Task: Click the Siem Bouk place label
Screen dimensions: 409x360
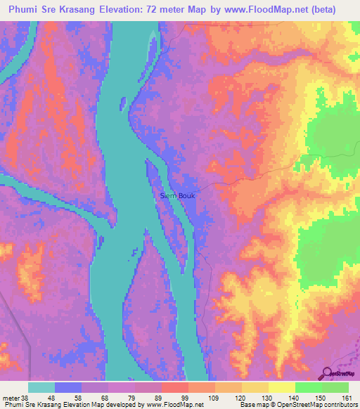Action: tap(178, 196)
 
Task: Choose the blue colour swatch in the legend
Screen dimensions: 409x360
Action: tap(68, 387)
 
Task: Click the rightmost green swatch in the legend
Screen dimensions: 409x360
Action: tap(335, 387)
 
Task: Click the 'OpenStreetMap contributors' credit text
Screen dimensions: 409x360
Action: tap(320, 404)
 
